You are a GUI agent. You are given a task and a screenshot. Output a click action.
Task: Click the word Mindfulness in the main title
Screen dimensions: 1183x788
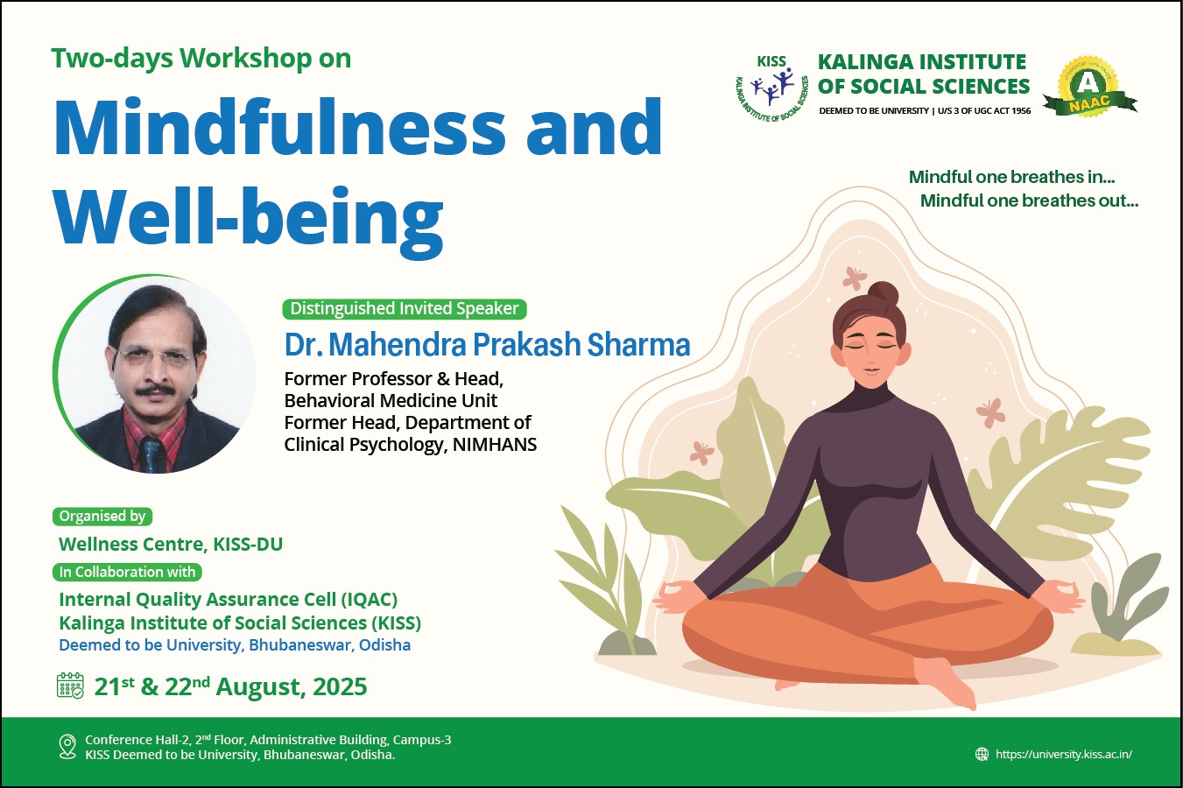click(x=279, y=128)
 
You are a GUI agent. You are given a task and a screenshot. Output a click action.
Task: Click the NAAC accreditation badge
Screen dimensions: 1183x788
click(x=1089, y=88)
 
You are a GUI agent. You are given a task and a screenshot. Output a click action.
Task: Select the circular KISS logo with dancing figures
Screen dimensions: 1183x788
click(x=772, y=88)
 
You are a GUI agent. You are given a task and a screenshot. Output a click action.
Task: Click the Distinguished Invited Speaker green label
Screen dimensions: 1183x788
click(x=405, y=309)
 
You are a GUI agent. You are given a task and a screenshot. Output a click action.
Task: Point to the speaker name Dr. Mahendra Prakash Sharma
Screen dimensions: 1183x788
click(x=487, y=344)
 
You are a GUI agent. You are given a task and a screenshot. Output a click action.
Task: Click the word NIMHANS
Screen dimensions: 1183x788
click(x=495, y=445)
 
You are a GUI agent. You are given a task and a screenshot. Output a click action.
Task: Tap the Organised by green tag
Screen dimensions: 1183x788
click(x=102, y=516)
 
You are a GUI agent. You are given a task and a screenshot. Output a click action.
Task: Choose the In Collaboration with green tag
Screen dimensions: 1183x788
click(x=127, y=572)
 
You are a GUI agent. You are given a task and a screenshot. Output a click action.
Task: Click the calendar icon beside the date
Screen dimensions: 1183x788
click(x=70, y=686)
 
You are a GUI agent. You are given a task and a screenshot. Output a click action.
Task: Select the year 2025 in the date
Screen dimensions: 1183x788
click(x=340, y=686)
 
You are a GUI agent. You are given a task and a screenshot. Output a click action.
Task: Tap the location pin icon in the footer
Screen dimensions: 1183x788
click(x=67, y=747)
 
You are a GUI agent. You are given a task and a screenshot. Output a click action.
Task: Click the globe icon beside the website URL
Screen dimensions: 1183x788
click(x=982, y=754)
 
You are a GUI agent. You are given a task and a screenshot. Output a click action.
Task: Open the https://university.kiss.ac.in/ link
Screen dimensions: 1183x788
click(x=1064, y=754)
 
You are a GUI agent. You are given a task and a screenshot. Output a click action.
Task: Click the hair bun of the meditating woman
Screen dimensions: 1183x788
click(x=884, y=294)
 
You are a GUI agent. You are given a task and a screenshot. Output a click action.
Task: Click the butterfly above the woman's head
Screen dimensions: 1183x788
click(x=854, y=278)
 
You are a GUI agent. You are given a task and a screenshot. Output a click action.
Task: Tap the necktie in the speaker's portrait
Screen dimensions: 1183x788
click(x=151, y=454)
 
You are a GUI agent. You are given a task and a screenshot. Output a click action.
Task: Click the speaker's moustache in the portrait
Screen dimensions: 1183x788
click(x=155, y=390)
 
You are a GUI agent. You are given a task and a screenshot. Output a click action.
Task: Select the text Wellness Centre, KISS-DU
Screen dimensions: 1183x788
click(x=171, y=544)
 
